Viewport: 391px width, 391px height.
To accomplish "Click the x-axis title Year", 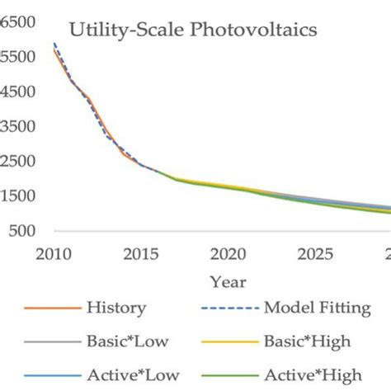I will click(227, 281).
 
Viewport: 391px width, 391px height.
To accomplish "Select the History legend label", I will click(115, 309).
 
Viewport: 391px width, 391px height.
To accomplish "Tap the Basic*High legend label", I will click(307, 339).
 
